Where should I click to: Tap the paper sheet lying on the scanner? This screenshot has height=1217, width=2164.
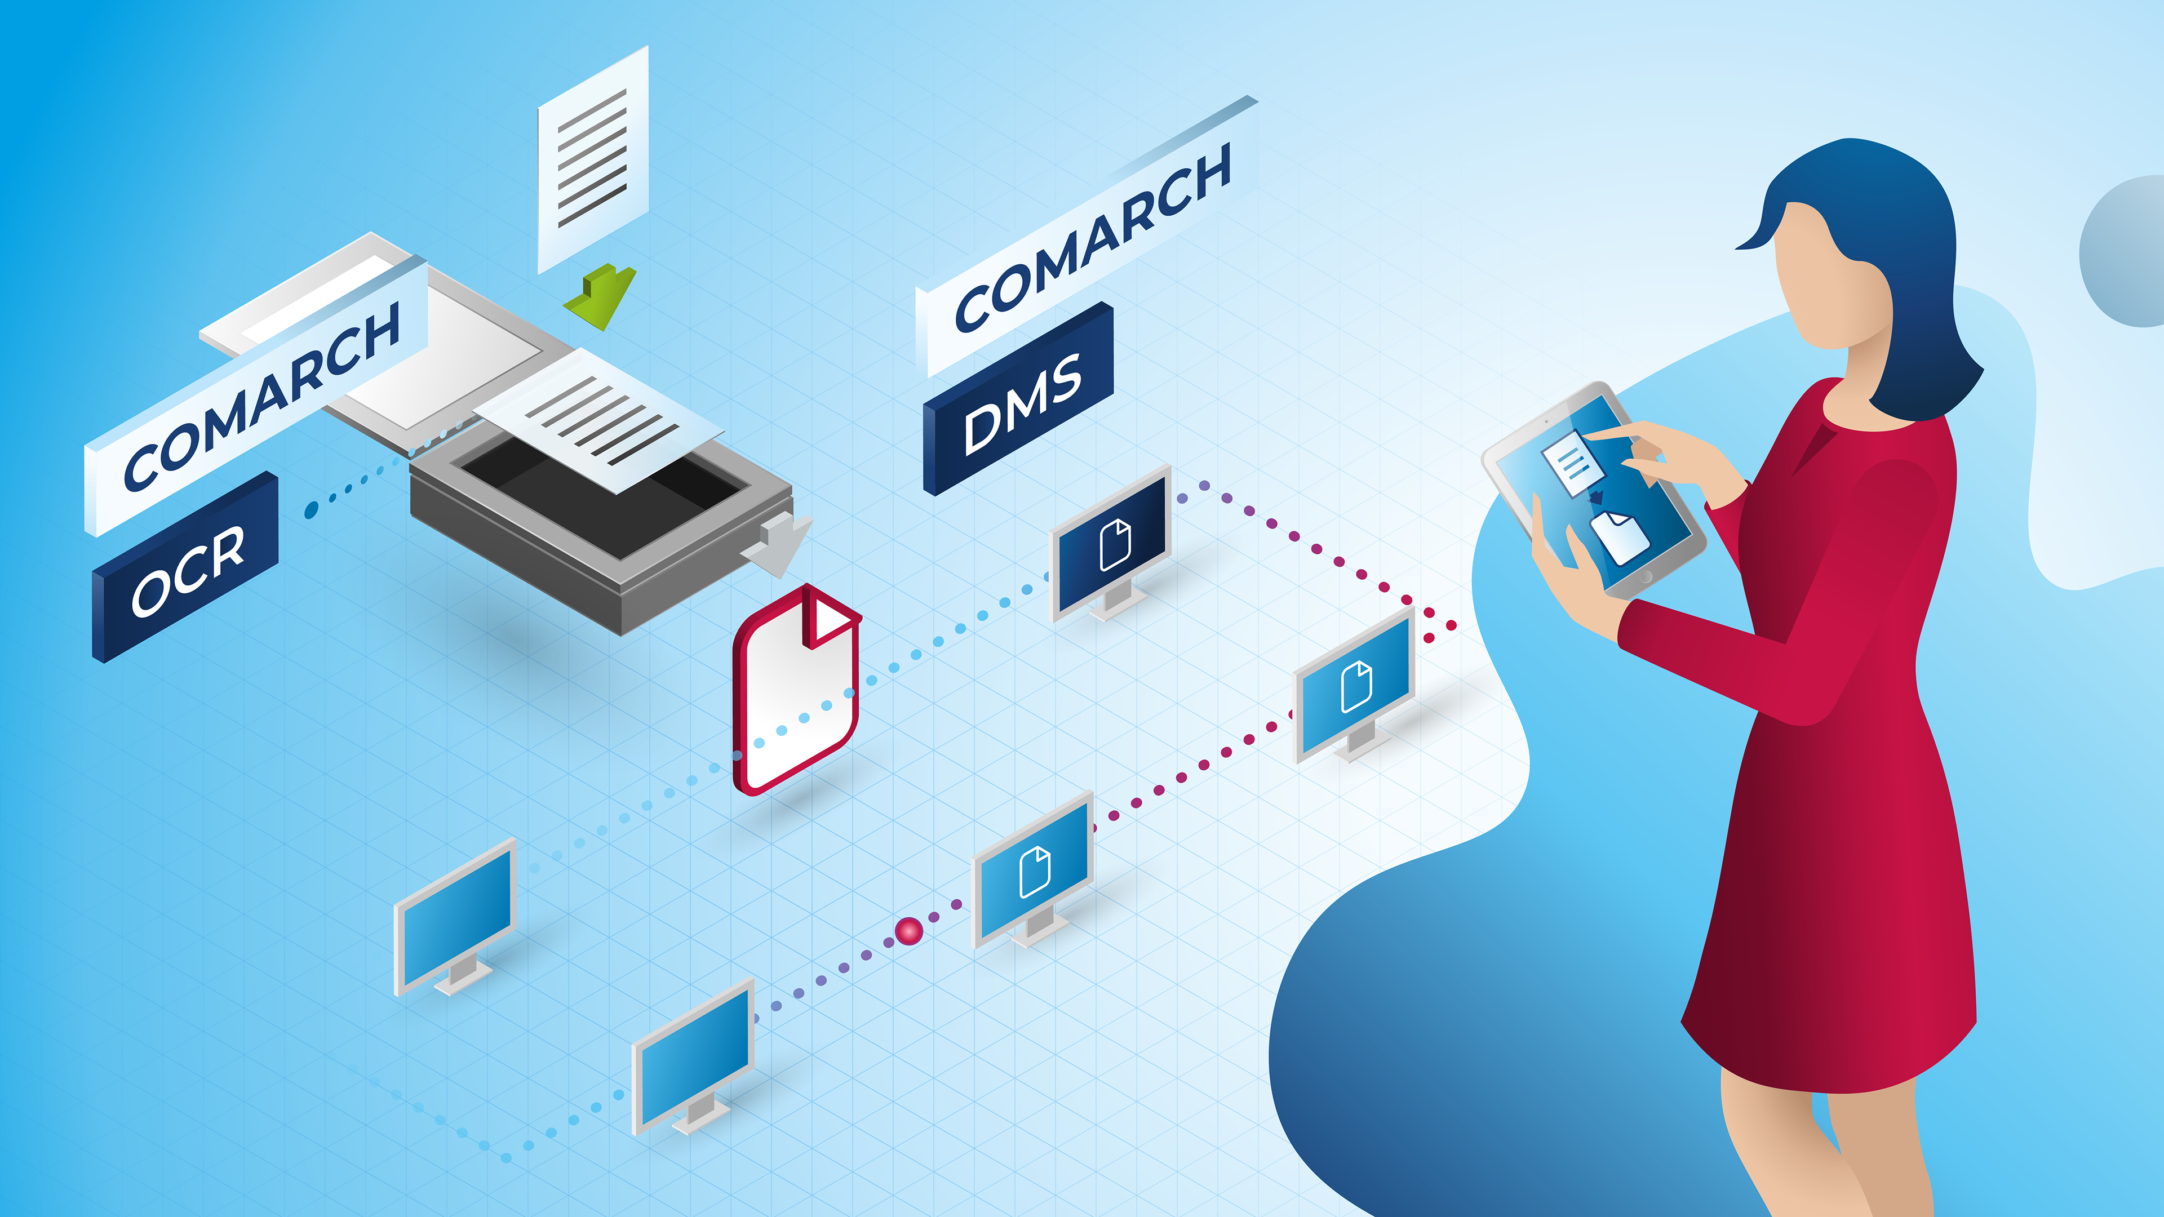(x=601, y=420)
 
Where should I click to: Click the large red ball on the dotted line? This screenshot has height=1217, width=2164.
(x=909, y=931)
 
